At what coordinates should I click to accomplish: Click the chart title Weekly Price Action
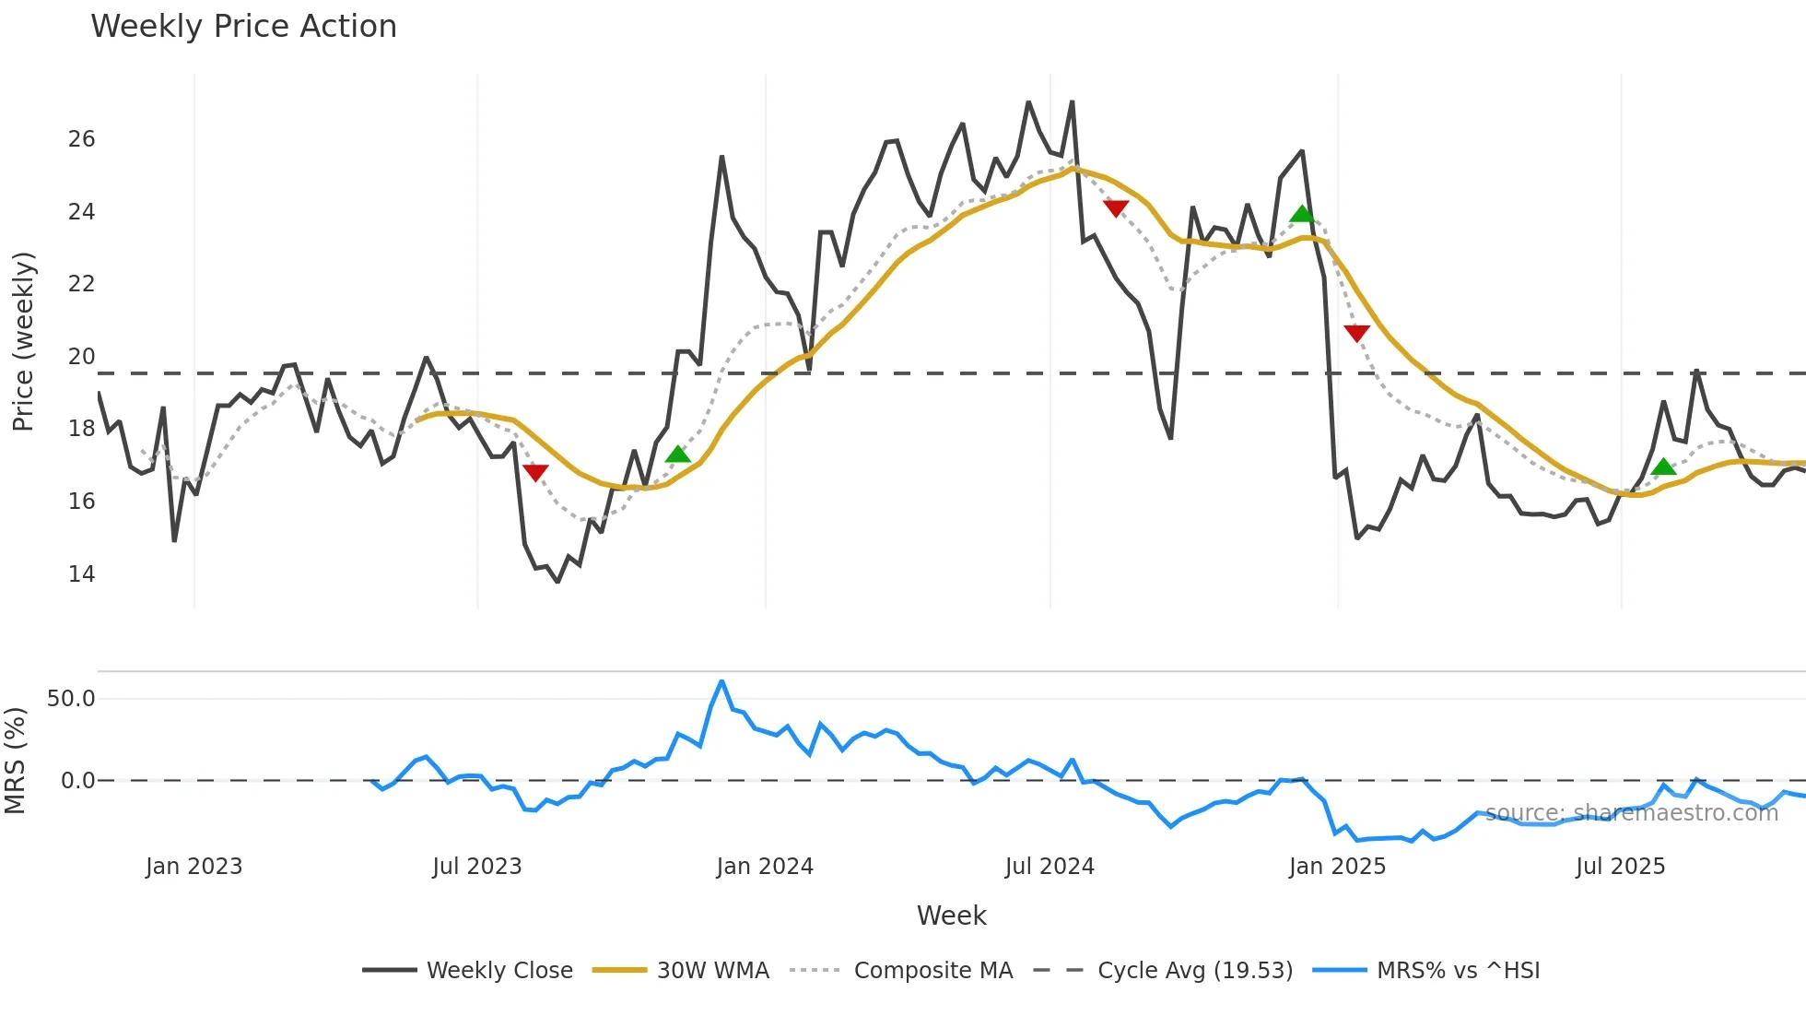[x=243, y=27]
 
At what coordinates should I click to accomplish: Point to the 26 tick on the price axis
[x=81, y=139]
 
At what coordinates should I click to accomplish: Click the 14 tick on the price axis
[x=81, y=574]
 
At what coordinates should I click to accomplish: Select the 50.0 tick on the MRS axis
[x=71, y=699]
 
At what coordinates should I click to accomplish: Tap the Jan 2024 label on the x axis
[x=765, y=867]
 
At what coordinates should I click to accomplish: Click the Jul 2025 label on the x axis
[x=1620, y=867]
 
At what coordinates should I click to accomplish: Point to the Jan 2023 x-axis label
[x=193, y=867]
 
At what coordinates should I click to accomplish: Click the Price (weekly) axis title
[x=23, y=341]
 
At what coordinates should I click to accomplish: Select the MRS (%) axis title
[x=15, y=761]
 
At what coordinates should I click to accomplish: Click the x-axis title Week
[x=951, y=916]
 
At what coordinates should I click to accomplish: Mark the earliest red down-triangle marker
[x=535, y=472]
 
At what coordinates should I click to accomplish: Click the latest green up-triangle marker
[x=1663, y=467]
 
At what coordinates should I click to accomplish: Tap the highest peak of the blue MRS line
[x=721, y=681]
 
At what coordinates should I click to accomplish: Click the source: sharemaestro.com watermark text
[x=1631, y=813]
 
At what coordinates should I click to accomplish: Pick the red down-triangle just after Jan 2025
[x=1356, y=333]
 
